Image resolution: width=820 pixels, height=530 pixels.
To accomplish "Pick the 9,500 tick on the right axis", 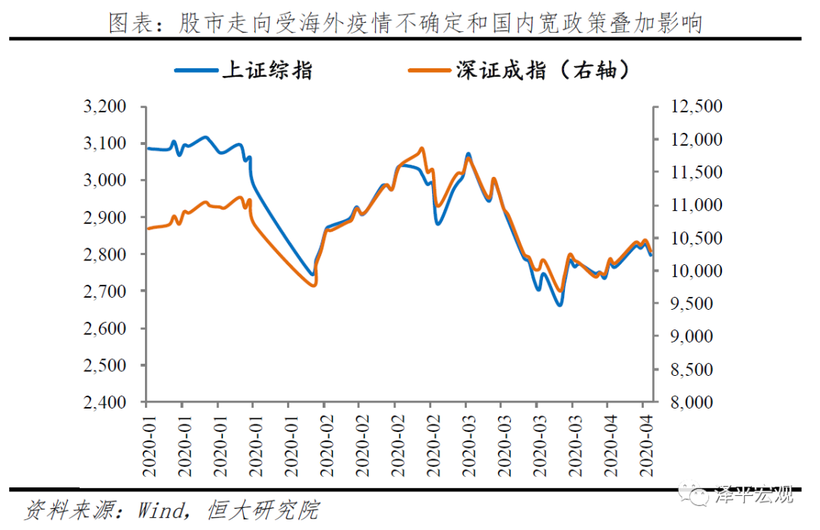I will point(694,304).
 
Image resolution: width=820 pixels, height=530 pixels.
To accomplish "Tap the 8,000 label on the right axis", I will point(694,402).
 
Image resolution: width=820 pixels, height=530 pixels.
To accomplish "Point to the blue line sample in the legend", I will point(196,71).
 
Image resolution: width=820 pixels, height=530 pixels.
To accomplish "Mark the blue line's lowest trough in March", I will point(560,305).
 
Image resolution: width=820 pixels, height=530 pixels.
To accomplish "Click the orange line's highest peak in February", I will point(421,149).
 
